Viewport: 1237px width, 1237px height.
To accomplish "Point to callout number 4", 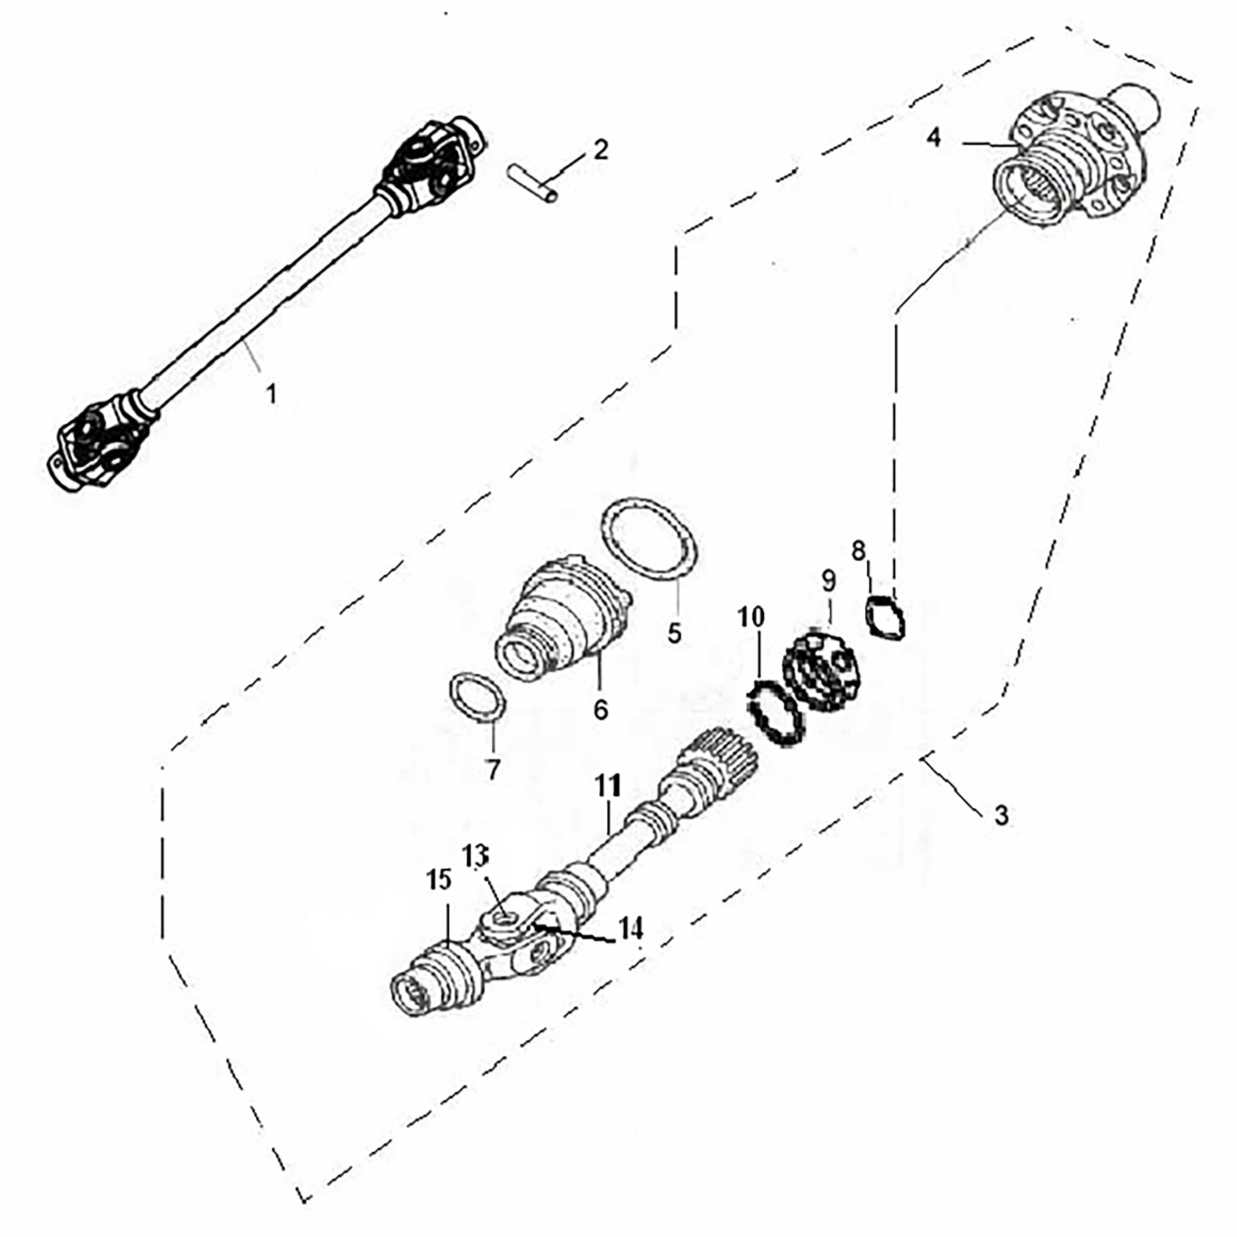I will [934, 137].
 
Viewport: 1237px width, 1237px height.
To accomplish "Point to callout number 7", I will [492, 769].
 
